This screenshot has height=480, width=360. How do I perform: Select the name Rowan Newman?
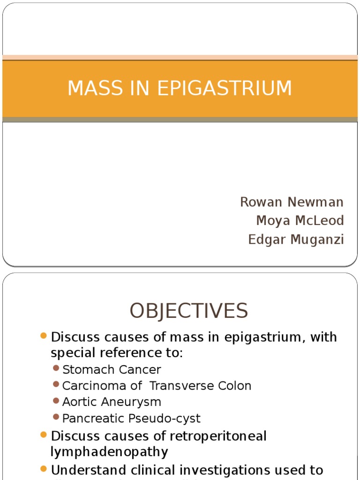tap(292, 202)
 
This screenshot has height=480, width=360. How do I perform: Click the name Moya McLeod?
tap(300, 220)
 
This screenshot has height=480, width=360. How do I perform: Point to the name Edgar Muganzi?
tap(296, 240)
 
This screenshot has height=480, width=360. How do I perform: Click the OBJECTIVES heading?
tap(189, 311)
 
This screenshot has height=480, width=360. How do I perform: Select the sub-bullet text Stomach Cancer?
tap(112, 369)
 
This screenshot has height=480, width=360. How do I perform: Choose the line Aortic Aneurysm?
tap(112, 402)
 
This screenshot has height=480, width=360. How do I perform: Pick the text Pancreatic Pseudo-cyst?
tap(131, 418)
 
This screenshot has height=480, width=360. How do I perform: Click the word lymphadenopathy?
tap(109, 452)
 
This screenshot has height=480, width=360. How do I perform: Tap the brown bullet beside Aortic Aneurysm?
tap(56, 401)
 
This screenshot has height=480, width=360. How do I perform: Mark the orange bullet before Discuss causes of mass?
tap(44, 336)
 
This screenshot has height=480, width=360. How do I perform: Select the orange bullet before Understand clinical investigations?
tap(44, 469)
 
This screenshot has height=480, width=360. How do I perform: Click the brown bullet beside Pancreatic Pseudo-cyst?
tap(56, 417)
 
